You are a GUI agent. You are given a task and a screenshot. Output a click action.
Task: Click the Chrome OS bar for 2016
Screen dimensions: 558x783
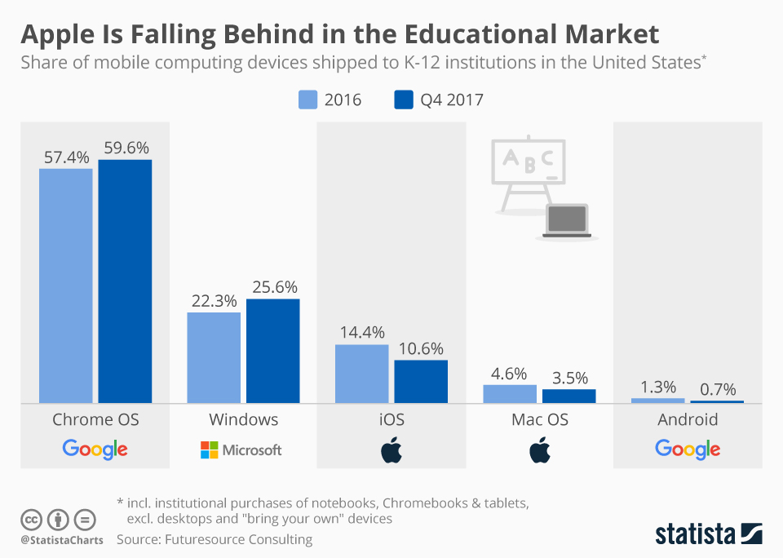point(66,286)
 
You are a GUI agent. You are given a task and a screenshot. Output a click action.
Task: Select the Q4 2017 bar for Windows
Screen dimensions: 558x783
point(272,351)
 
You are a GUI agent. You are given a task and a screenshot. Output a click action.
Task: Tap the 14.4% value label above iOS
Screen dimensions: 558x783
point(361,332)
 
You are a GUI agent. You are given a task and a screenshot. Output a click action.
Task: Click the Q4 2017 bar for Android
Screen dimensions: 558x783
point(717,401)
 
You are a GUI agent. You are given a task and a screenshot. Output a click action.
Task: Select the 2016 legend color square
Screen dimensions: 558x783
point(307,100)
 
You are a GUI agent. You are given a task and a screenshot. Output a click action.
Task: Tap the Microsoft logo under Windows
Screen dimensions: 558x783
point(241,449)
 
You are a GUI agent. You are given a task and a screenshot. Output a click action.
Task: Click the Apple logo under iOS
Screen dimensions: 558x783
point(391,449)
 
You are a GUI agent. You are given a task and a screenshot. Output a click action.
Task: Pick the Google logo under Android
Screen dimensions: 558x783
point(688,449)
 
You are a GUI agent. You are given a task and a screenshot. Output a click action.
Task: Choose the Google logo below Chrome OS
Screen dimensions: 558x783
point(95,449)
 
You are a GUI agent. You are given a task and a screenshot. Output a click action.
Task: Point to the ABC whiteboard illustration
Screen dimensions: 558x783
point(528,163)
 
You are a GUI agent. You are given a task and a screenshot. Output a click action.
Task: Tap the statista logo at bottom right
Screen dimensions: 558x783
point(709,534)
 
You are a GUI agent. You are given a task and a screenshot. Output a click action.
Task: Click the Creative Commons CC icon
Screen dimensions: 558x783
point(32,520)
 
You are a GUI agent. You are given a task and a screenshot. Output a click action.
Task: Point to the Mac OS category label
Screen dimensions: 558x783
point(539,420)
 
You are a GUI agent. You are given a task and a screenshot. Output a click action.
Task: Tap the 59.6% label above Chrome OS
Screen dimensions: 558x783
point(126,148)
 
